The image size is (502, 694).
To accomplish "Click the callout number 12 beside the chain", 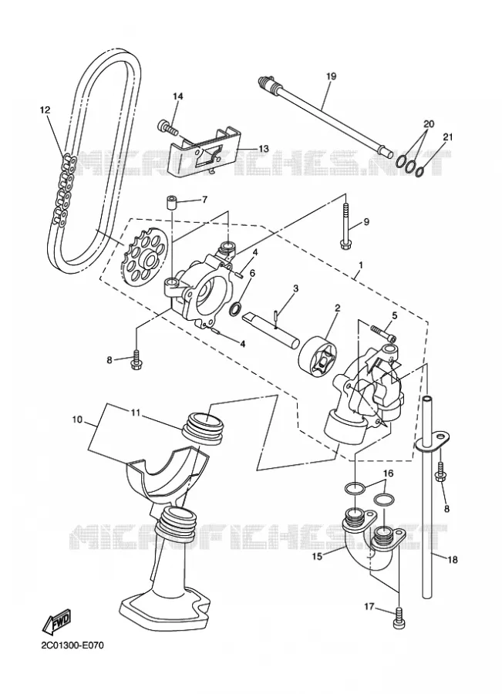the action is click(45, 109).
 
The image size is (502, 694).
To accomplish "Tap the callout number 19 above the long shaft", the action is click(331, 76).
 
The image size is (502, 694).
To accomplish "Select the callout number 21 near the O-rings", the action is click(448, 137).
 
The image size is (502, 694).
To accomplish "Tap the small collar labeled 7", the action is click(172, 202).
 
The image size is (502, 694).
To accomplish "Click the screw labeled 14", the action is click(167, 127).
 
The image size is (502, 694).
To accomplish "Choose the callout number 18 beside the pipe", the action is click(453, 560).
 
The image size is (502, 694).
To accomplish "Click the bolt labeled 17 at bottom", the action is click(396, 618).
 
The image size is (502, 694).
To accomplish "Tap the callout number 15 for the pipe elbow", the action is click(317, 556).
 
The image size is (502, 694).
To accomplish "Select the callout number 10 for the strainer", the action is click(77, 419).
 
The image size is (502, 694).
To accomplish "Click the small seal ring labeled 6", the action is click(236, 308).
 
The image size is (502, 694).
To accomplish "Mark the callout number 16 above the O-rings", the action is click(388, 474).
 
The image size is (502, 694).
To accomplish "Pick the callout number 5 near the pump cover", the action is click(395, 315).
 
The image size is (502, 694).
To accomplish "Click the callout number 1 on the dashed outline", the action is click(361, 265).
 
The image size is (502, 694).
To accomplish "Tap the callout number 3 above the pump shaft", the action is click(295, 288).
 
